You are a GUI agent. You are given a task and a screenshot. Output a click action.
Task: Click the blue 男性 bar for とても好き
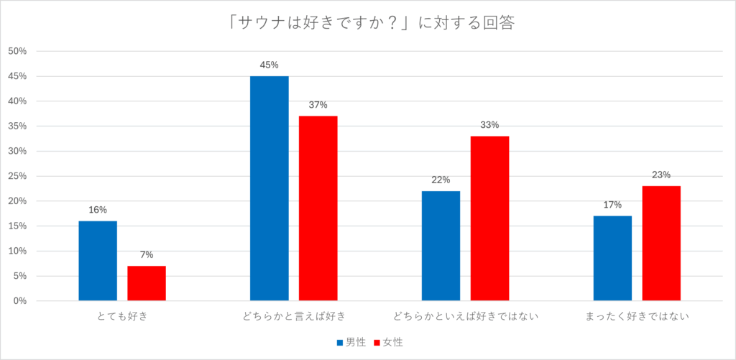(x=98, y=261)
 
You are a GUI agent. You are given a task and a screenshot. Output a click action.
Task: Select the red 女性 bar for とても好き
(x=147, y=283)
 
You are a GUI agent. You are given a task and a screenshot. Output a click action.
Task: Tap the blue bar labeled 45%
(x=270, y=188)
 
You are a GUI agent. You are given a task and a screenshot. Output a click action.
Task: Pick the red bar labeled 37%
(x=318, y=208)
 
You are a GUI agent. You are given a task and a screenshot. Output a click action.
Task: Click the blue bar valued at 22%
(x=441, y=246)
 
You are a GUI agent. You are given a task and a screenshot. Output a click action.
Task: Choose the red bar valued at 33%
(x=489, y=218)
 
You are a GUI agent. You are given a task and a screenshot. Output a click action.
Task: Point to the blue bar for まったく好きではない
(x=612, y=258)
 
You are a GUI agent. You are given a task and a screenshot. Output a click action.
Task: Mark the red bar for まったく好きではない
(x=661, y=243)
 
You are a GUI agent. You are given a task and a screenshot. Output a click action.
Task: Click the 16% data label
(x=98, y=210)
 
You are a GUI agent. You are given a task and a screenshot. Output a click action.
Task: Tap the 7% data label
(x=147, y=254)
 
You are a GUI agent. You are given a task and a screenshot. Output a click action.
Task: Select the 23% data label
(x=661, y=175)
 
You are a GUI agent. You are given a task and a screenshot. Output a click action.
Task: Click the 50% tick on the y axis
(x=17, y=51)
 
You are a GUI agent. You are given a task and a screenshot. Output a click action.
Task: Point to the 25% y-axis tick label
(x=17, y=176)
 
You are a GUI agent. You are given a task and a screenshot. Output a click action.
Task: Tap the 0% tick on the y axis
(x=20, y=301)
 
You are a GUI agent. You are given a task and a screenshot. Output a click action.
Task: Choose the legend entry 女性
(x=387, y=342)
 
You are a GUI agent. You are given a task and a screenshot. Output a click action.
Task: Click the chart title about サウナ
(x=367, y=23)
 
